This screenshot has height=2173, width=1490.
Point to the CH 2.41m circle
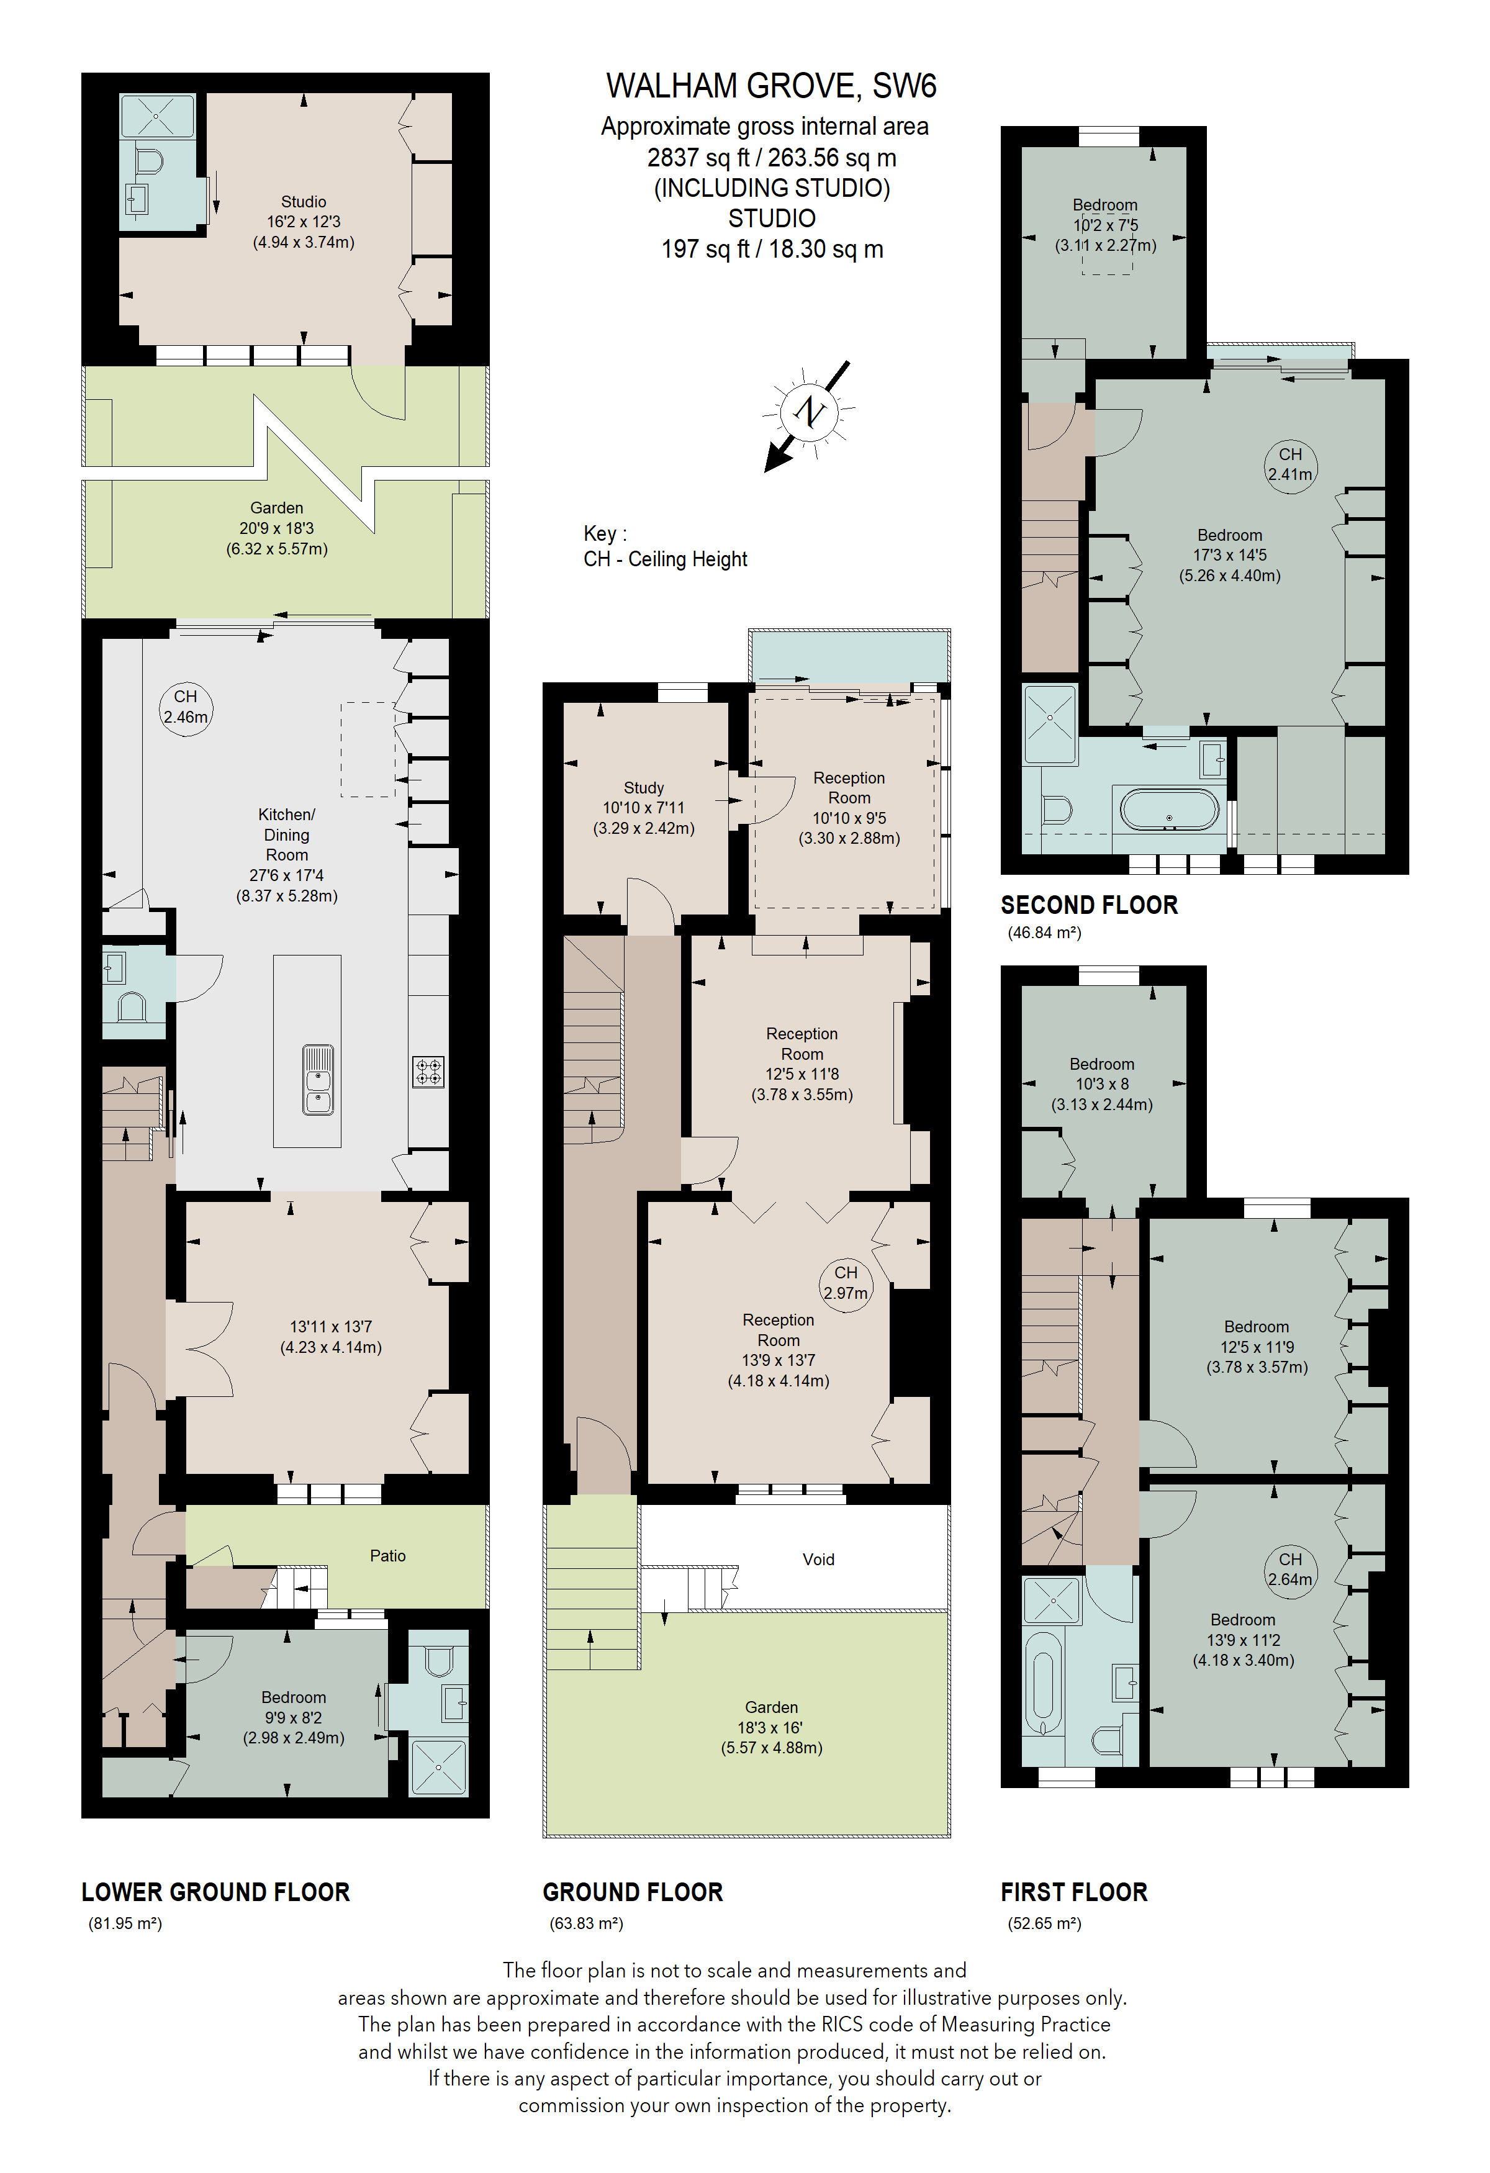click(1290, 464)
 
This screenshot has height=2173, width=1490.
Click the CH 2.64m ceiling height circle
click(1290, 1570)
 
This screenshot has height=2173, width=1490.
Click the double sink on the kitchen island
click(318, 1080)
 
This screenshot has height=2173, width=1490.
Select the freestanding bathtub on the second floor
click(1170, 810)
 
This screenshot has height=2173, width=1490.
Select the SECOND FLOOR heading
click(1089, 905)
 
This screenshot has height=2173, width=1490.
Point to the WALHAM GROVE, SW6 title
click(771, 86)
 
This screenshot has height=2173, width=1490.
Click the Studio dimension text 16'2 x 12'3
click(304, 222)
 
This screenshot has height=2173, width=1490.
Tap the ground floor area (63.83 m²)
click(586, 1923)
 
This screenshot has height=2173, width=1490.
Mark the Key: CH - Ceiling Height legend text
click(666, 546)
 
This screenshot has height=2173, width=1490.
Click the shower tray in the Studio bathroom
click(157, 116)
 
